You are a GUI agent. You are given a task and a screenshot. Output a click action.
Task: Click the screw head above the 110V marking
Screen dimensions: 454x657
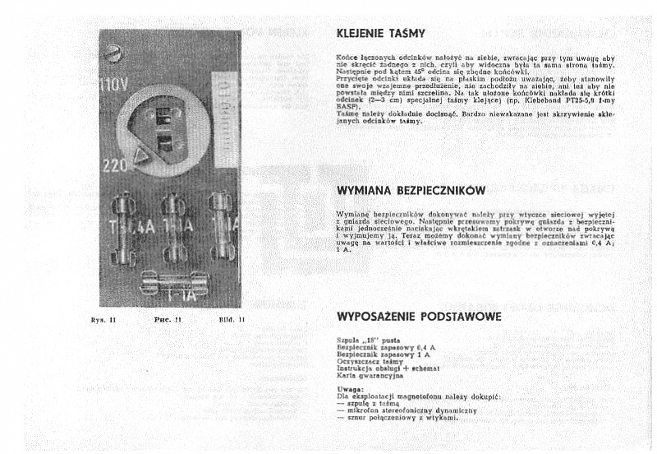(113, 54)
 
